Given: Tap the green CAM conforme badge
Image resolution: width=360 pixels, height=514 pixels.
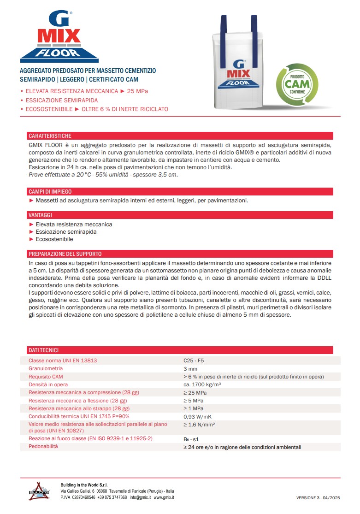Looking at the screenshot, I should point(297,83).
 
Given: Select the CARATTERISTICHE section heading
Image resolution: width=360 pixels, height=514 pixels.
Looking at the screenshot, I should point(50,136).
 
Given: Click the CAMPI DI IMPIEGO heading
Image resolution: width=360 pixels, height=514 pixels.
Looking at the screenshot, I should point(50,192).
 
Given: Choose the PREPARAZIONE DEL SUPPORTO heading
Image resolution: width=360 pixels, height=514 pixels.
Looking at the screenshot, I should point(65,254).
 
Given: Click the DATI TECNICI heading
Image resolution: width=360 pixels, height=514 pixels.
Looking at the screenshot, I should point(43,350).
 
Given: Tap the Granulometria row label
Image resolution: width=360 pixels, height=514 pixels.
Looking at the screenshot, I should point(46,369).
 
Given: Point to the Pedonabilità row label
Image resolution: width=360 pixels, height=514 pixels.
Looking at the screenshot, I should point(43,447).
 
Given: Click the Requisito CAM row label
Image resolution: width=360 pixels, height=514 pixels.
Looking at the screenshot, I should point(46,377).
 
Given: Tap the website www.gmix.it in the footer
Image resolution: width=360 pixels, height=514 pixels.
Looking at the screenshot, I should point(164,497).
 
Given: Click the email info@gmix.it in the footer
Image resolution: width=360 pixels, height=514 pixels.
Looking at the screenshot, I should point(140,497).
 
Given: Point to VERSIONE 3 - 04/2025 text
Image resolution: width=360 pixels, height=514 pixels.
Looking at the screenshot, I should point(318,498).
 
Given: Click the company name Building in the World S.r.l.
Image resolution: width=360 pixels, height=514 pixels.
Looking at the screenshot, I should point(87,484).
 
